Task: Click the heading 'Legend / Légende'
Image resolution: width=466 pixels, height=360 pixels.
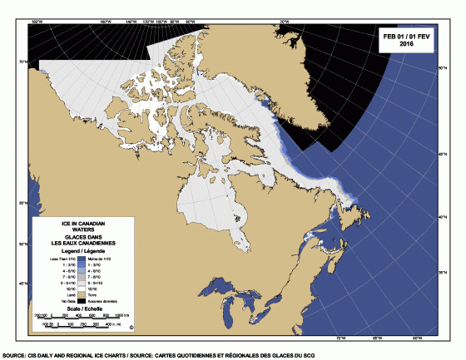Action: point(83,251)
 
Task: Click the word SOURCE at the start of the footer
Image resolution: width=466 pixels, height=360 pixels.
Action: point(17,353)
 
